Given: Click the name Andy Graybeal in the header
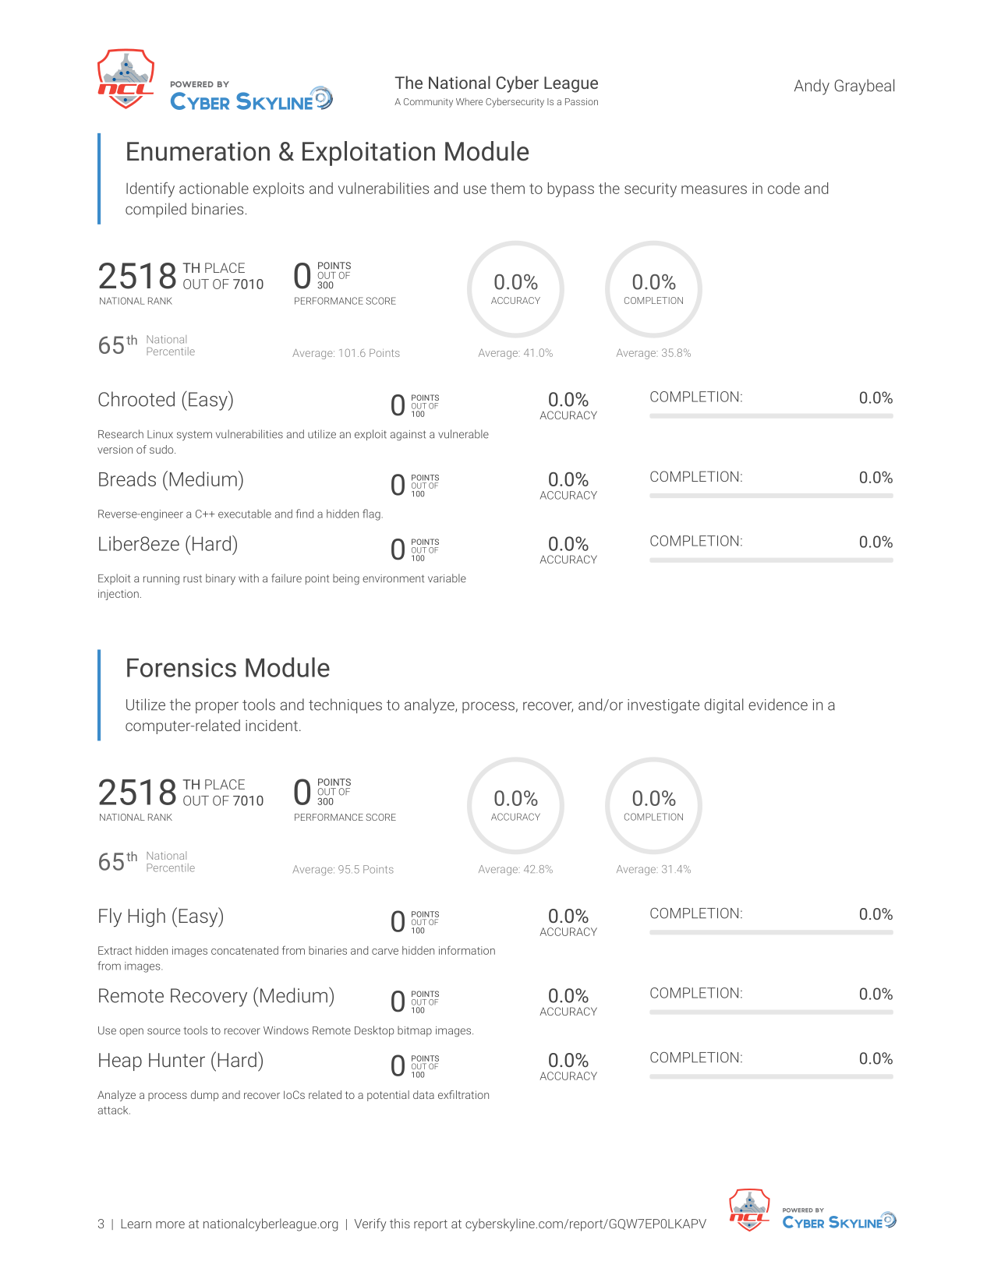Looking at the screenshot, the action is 844,87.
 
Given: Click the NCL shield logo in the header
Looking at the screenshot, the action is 126,79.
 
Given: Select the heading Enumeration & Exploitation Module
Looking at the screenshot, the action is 327,152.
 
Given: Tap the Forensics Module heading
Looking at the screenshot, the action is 228,668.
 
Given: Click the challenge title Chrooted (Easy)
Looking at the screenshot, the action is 165,400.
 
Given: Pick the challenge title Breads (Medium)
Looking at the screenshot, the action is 171,480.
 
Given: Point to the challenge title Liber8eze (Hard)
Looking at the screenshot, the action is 168,545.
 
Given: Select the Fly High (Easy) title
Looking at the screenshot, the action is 161,917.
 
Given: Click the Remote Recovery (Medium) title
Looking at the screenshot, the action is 216,997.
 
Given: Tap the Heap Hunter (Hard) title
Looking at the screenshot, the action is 181,1061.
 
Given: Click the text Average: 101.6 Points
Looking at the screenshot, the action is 345,353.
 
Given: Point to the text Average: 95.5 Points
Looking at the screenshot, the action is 343,869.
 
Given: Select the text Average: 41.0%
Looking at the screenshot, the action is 515,353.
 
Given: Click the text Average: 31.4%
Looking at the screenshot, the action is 653,869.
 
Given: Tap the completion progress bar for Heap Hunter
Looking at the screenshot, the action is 771,1076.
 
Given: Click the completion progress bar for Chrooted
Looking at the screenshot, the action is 771,416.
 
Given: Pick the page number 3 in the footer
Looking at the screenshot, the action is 101,1224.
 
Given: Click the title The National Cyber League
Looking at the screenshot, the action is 496,83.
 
